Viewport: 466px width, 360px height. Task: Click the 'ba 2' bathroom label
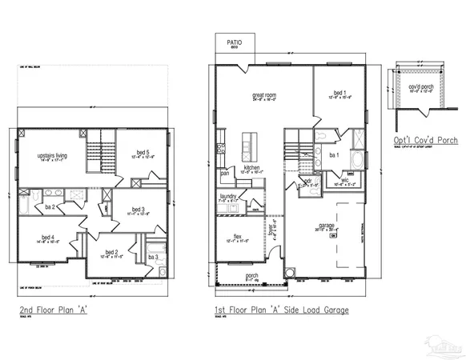50,208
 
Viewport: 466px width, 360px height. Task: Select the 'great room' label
264,94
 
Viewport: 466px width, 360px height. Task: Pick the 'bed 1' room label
339,93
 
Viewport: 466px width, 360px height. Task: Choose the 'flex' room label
237,236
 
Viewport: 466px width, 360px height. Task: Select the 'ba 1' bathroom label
335,155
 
